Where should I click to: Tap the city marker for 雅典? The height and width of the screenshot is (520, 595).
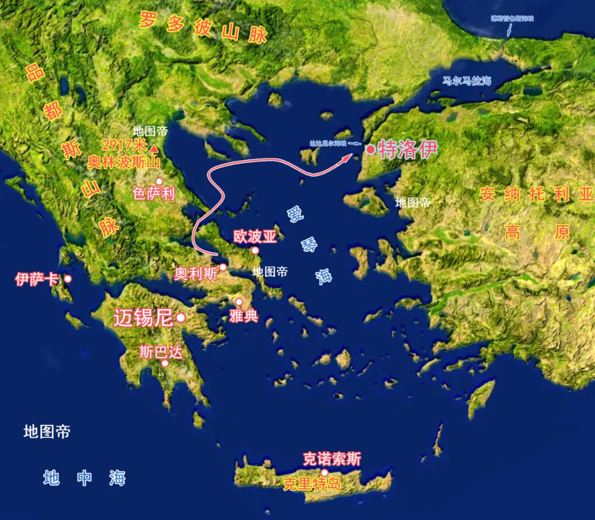coord(239,302)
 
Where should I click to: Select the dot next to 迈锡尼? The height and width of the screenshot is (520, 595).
coord(180,318)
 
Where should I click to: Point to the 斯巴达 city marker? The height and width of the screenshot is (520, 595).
coord(164,363)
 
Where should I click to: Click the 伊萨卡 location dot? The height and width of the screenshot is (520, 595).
coord(68,279)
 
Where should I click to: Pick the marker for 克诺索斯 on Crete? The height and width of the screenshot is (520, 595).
coord(325,472)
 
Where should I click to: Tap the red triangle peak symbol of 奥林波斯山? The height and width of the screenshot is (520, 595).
coord(155,149)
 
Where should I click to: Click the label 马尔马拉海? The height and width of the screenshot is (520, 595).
coord(467,81)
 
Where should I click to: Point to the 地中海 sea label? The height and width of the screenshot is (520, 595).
coord(84,478)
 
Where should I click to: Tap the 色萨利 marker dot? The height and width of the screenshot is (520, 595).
coord(159,181)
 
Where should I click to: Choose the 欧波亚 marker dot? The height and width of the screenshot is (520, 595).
coord(256,251)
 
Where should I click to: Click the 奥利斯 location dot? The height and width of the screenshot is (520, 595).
coord(223,267)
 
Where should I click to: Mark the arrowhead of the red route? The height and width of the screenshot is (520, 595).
coord(348,158)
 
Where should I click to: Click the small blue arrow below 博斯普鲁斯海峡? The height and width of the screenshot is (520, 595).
coord(509,30)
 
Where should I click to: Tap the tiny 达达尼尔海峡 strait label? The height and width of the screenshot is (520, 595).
coord(328,143)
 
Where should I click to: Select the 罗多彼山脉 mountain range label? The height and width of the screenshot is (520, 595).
coord(203,28)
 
